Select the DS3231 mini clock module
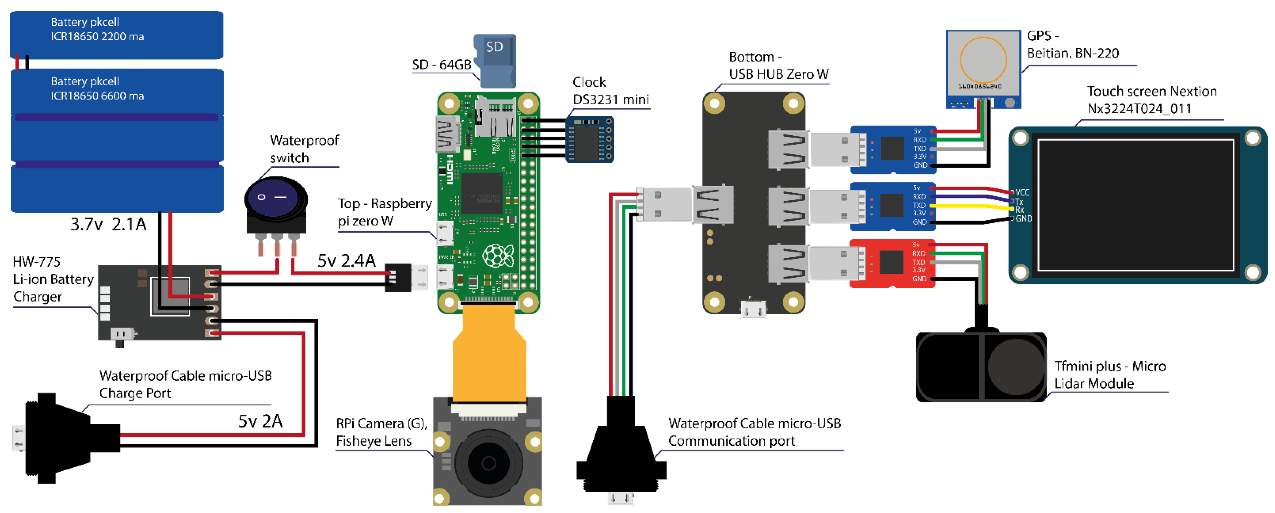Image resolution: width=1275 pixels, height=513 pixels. pos(589,139)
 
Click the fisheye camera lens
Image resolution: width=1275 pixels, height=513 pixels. pos(488,463)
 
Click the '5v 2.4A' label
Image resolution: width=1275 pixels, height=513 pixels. pos(347,260)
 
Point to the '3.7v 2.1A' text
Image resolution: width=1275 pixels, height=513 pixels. pos(109,224)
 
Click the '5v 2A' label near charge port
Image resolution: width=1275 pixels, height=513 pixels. pos(260,421)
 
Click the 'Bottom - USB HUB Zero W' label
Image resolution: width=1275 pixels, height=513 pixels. pos(778,66)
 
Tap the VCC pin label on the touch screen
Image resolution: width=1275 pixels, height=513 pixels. pos(1022,192)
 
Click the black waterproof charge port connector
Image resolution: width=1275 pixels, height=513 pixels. pos(64,438)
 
